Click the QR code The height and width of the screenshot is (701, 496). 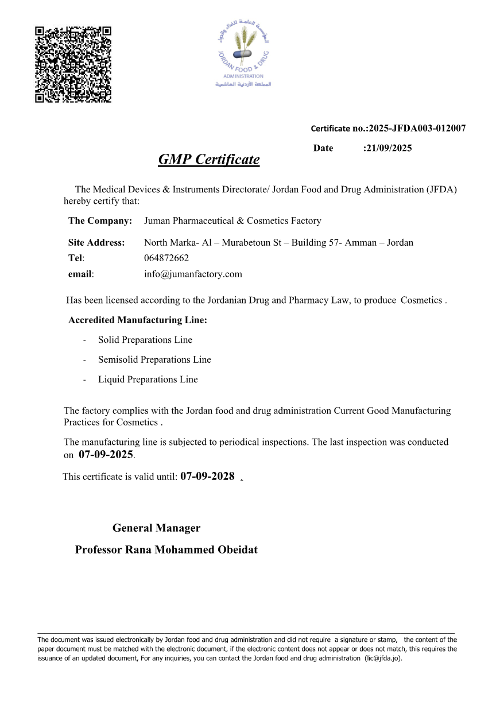point(73,64)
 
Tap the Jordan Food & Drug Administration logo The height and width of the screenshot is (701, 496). point(243,54)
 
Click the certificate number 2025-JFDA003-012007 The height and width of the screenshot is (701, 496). point(417,128)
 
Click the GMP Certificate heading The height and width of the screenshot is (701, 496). point(208,160)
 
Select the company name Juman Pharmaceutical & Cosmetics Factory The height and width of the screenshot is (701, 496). point(232,220)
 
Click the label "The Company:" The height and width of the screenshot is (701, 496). point(100,220)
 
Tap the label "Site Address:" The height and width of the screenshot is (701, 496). point(96,242)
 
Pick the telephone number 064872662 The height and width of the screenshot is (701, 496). point(166,258)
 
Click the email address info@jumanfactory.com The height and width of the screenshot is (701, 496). point(193,274)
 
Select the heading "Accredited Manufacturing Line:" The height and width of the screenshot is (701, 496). point(137,320)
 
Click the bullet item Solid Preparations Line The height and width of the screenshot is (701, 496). point(145,340)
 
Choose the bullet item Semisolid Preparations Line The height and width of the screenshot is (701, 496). point(154,359)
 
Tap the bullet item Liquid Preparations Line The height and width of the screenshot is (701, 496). point(148,379)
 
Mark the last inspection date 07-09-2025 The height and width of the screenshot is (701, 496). point(106,455)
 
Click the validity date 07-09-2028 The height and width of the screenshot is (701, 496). point(207,476)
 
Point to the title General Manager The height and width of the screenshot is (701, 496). point(156,528)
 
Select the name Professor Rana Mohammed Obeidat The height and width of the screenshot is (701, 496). point(166,549)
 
